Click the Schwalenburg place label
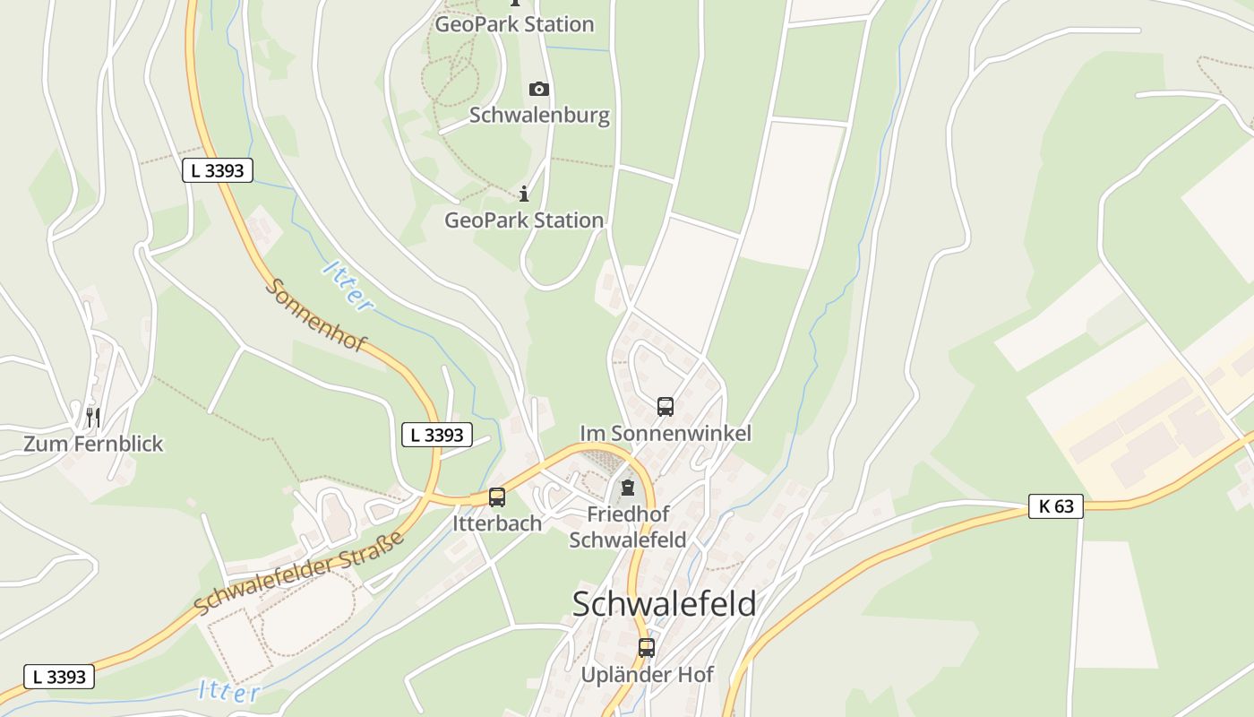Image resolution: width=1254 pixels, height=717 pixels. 539,115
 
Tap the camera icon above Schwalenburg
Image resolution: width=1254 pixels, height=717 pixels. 538,89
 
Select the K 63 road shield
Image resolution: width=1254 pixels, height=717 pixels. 1055,506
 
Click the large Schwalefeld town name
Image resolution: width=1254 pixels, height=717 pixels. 664,603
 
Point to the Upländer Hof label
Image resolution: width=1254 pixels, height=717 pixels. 647,674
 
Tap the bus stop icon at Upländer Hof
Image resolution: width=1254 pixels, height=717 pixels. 646,647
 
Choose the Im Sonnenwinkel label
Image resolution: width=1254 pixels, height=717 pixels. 666,433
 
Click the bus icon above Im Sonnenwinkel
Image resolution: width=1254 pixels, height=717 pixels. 665,407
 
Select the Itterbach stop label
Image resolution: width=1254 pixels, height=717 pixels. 497,523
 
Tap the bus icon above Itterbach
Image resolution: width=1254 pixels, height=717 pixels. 496,497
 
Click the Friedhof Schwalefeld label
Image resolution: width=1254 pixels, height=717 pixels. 628,527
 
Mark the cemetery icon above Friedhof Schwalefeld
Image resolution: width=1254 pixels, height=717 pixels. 628,488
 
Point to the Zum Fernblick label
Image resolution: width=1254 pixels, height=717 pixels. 93,444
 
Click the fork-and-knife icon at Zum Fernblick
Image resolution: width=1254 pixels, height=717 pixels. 92,417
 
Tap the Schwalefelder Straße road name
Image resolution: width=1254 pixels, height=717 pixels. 300,573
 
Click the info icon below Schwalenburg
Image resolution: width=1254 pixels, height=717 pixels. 524,194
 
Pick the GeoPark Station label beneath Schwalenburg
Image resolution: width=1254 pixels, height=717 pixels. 524,220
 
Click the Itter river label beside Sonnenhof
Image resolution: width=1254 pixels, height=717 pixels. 348,286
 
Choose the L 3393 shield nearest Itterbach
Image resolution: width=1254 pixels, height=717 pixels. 436,435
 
